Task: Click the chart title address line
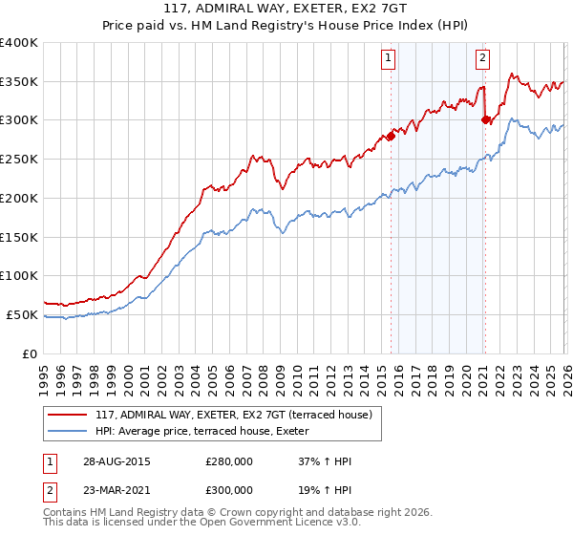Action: pyautogui.click(x=286, y=11)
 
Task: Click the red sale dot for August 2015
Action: pyautogui.click(x=391, y=136)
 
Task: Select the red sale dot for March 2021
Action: pyautogui.click(x=485, y=119)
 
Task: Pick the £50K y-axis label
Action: pyautogui.click(x=22, y=314)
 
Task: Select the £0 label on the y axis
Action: pyautogui.click(x=31, y=353)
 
